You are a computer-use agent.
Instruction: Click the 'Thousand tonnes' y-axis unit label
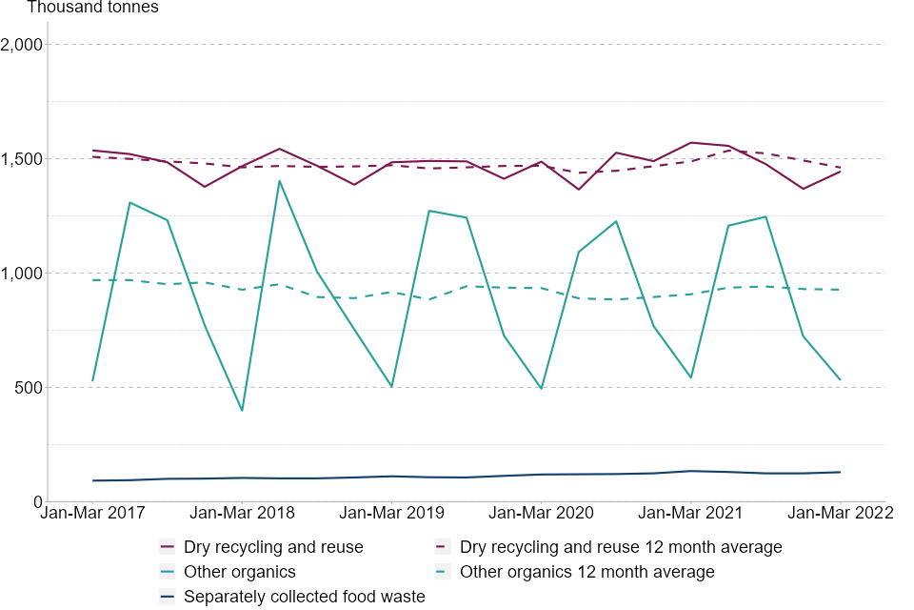point(92,9)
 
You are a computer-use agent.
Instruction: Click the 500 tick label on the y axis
point(29,388)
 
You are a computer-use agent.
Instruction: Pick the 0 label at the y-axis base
point(37,502)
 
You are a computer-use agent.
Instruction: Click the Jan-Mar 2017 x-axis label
point(92,513)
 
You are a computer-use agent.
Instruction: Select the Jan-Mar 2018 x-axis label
point(242,513)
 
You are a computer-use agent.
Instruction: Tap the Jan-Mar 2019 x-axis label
point(391,513)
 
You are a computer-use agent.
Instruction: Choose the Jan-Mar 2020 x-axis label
point(541,513)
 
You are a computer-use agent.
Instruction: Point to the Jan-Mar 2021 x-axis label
point(690,513)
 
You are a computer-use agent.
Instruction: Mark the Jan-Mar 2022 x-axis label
point(840,513)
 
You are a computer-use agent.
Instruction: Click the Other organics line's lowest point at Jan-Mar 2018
point(242,411)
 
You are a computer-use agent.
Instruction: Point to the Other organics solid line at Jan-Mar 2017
point(92,381)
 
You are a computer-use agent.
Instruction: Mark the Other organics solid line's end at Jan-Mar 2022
point(840,380)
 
